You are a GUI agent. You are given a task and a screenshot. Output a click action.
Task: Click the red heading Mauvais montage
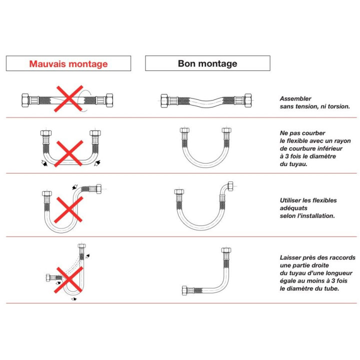(x=68, y=64)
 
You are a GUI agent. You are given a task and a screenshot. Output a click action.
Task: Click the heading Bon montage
(x=207, y=63)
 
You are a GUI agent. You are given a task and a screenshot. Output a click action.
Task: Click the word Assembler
(x=295, y=99)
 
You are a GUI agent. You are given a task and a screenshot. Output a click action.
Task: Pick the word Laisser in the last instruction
(x=292, y=258)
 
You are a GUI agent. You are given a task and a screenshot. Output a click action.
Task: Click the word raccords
(x=342, y=258)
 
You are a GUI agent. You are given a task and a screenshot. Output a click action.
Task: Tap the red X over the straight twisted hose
(x=68, y=98)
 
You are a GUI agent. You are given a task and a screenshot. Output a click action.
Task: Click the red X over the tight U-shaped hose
(x=68, y=153)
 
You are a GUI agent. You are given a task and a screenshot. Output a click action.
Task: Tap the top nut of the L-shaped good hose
(x=226, y=251)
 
